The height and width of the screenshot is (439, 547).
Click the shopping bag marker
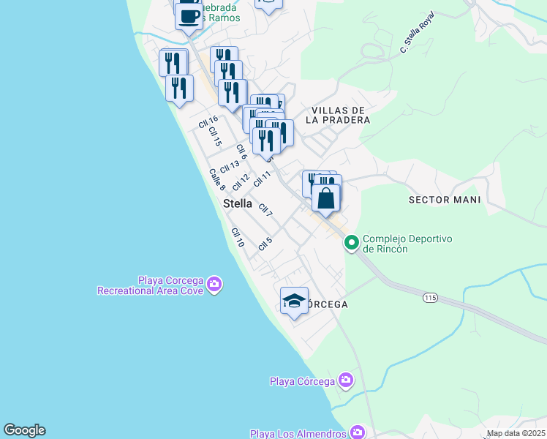pos(326,198)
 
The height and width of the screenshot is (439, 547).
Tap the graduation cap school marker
pos(294,301)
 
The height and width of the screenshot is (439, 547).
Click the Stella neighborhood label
pos(238,203)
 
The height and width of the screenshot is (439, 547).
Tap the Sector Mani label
pos(445,200)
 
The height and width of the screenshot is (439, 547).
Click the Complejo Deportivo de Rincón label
pos(408,244)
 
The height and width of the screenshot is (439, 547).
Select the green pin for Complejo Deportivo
pos(352,241)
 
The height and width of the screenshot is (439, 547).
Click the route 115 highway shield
pos(430,298)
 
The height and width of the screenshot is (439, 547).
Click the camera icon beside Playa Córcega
pos(345,380)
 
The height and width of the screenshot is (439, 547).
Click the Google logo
pos(24,430)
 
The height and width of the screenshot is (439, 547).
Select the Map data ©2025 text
pos(516,433)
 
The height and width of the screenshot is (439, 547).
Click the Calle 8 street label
pos(217,179)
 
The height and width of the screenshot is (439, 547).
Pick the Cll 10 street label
pos(238,237)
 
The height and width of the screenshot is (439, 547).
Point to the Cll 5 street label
pos(265,243)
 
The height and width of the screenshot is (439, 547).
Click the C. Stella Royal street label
pos(417,33)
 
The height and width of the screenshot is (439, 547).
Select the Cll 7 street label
pos(265,209)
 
